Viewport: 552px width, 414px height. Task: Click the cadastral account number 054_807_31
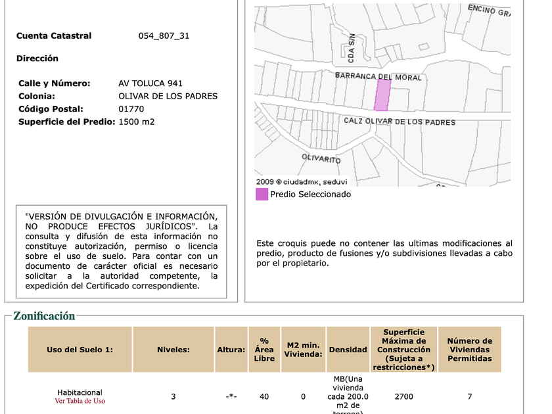(x=164, y=36)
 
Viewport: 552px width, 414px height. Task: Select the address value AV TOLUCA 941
(x=150, y=83)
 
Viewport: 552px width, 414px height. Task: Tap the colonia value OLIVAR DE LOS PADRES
(x=168, y=96)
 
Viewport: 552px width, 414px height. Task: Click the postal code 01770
(x=131, y=109)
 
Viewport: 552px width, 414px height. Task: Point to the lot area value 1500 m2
(x=137, y=122)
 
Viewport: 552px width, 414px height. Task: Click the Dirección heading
(x=37, y=58)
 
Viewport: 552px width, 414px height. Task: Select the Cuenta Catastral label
(x=54, y=36)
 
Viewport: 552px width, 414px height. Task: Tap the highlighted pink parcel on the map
(x=382, y=96)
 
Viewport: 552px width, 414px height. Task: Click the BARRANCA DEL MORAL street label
(x=378, y=77)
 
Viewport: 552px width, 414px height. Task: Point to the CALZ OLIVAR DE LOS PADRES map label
(x=400, y=122)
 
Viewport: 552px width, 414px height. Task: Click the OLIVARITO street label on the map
(x=321, y=159)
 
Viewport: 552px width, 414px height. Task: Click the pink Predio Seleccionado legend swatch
(x=262, y=195)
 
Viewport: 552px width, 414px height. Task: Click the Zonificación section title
(x=44, y=316)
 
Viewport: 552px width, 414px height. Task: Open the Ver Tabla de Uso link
(x=80, y=401)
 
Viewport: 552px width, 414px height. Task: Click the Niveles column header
(x=173, y=350)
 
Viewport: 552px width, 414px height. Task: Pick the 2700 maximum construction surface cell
(x=403, y=397)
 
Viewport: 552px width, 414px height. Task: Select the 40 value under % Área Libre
(x=264, y=397)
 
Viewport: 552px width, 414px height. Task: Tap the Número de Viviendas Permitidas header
(x=469, y=350)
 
